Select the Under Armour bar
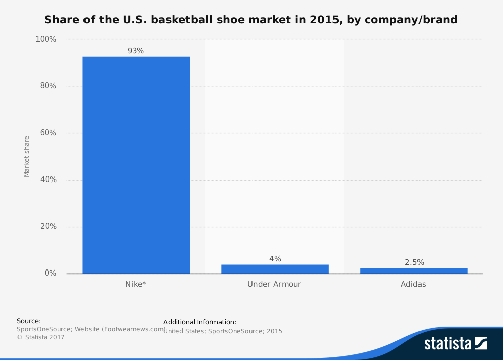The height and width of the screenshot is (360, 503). (x=275, y=269)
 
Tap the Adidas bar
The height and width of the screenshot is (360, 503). (x=413, y=271)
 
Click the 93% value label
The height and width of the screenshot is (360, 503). (x=136, y=51)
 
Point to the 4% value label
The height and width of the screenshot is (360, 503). (x=275, y=259)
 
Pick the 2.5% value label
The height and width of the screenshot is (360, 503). (x=414, y=262)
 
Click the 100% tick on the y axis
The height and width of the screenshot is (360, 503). (x=45, y=39)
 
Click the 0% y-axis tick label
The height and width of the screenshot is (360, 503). (x=49, y=273)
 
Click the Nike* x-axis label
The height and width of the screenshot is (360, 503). (x=136, y=284)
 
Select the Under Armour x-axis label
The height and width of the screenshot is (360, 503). (x=274, y=284)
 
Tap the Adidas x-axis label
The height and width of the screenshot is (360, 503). (x=413, y=284)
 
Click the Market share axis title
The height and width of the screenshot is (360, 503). (x=27, y=156)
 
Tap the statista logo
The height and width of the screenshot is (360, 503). (x=455, y=343)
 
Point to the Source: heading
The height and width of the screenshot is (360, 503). (x=29, y=321)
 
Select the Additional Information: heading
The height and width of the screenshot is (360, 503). (x=200, y=322)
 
